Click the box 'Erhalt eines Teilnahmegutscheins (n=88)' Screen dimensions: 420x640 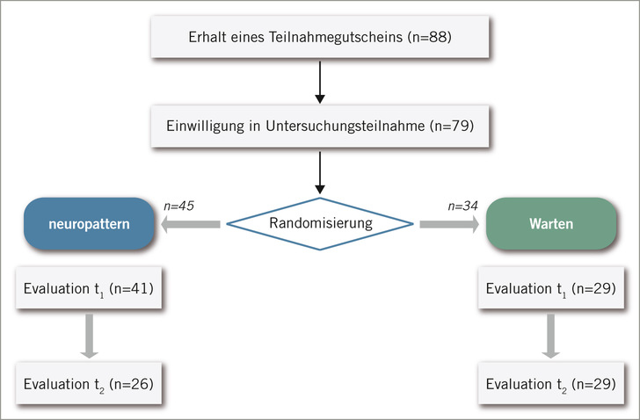click(x=320, y=38)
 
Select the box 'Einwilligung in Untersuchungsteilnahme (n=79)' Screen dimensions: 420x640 click(x=320, y=126)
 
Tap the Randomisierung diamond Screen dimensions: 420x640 click(x=319, y=223)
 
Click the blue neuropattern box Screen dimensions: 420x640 click(x=90, y=224)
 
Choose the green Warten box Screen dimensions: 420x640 click(x=550, y=224)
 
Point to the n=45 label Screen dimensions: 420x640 click(x=178, y=206)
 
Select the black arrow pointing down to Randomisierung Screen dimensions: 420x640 click(x=320, y=172)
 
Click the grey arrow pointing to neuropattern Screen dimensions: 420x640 click(x=190, y=225)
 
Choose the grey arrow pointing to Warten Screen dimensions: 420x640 click(x=449, y=225)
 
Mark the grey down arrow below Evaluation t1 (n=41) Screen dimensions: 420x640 click(x=88, y=336)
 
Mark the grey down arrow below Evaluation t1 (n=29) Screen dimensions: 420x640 click(x=550, y=336)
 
